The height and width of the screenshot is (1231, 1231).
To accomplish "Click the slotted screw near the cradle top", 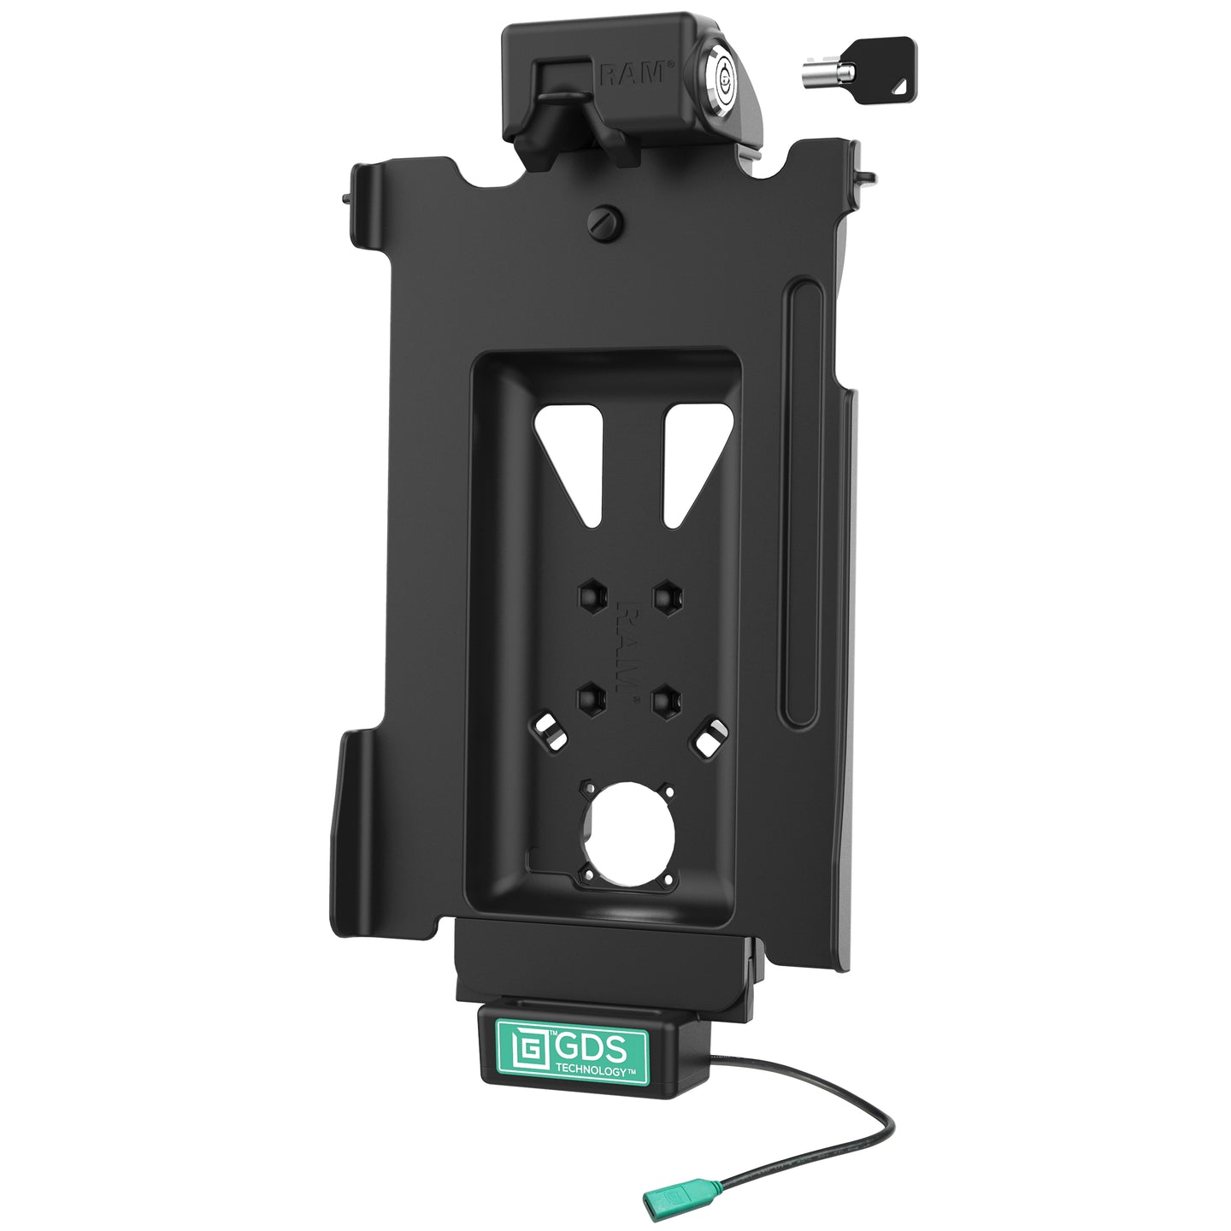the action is pyautogui.click(x=604, y=222).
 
